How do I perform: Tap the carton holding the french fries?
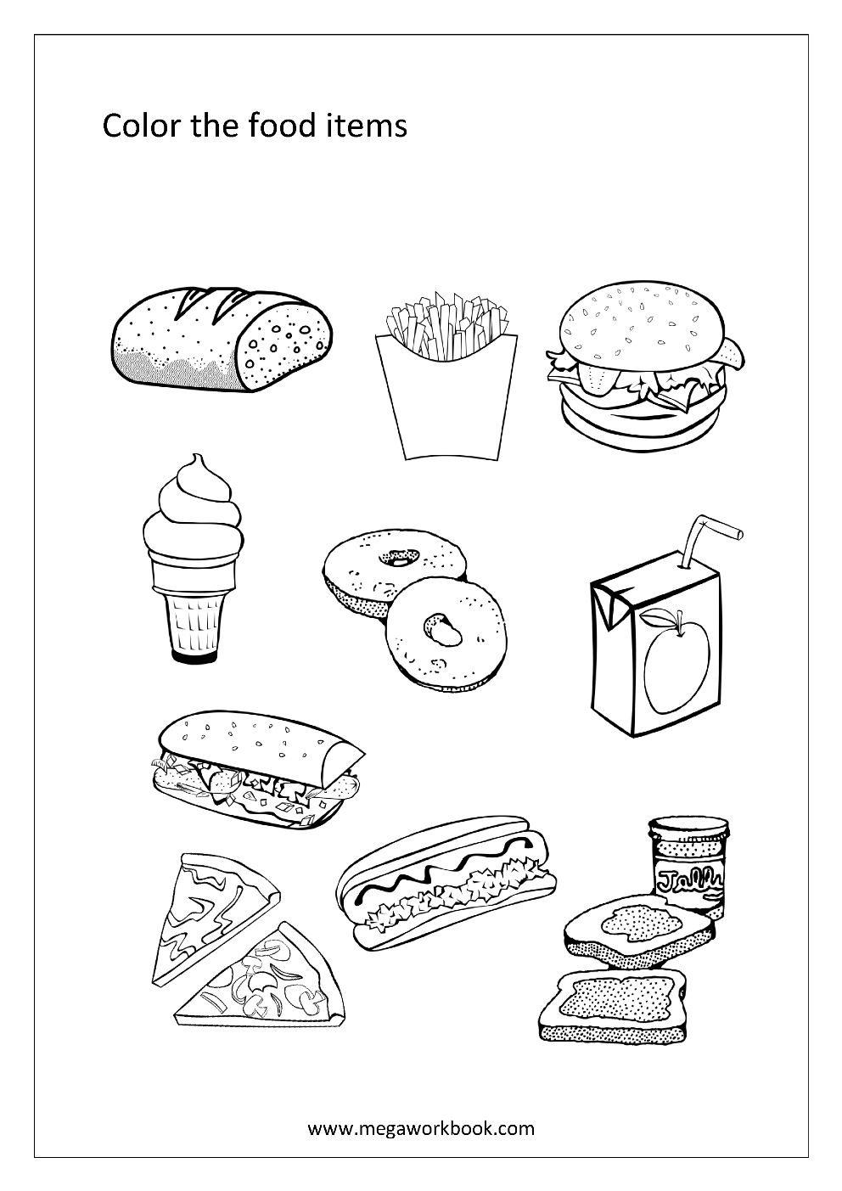click(446, 399)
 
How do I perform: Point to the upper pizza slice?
click(212, 908)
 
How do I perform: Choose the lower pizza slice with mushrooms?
click(272, 976)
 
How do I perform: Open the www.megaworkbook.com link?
click(421, 1128)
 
